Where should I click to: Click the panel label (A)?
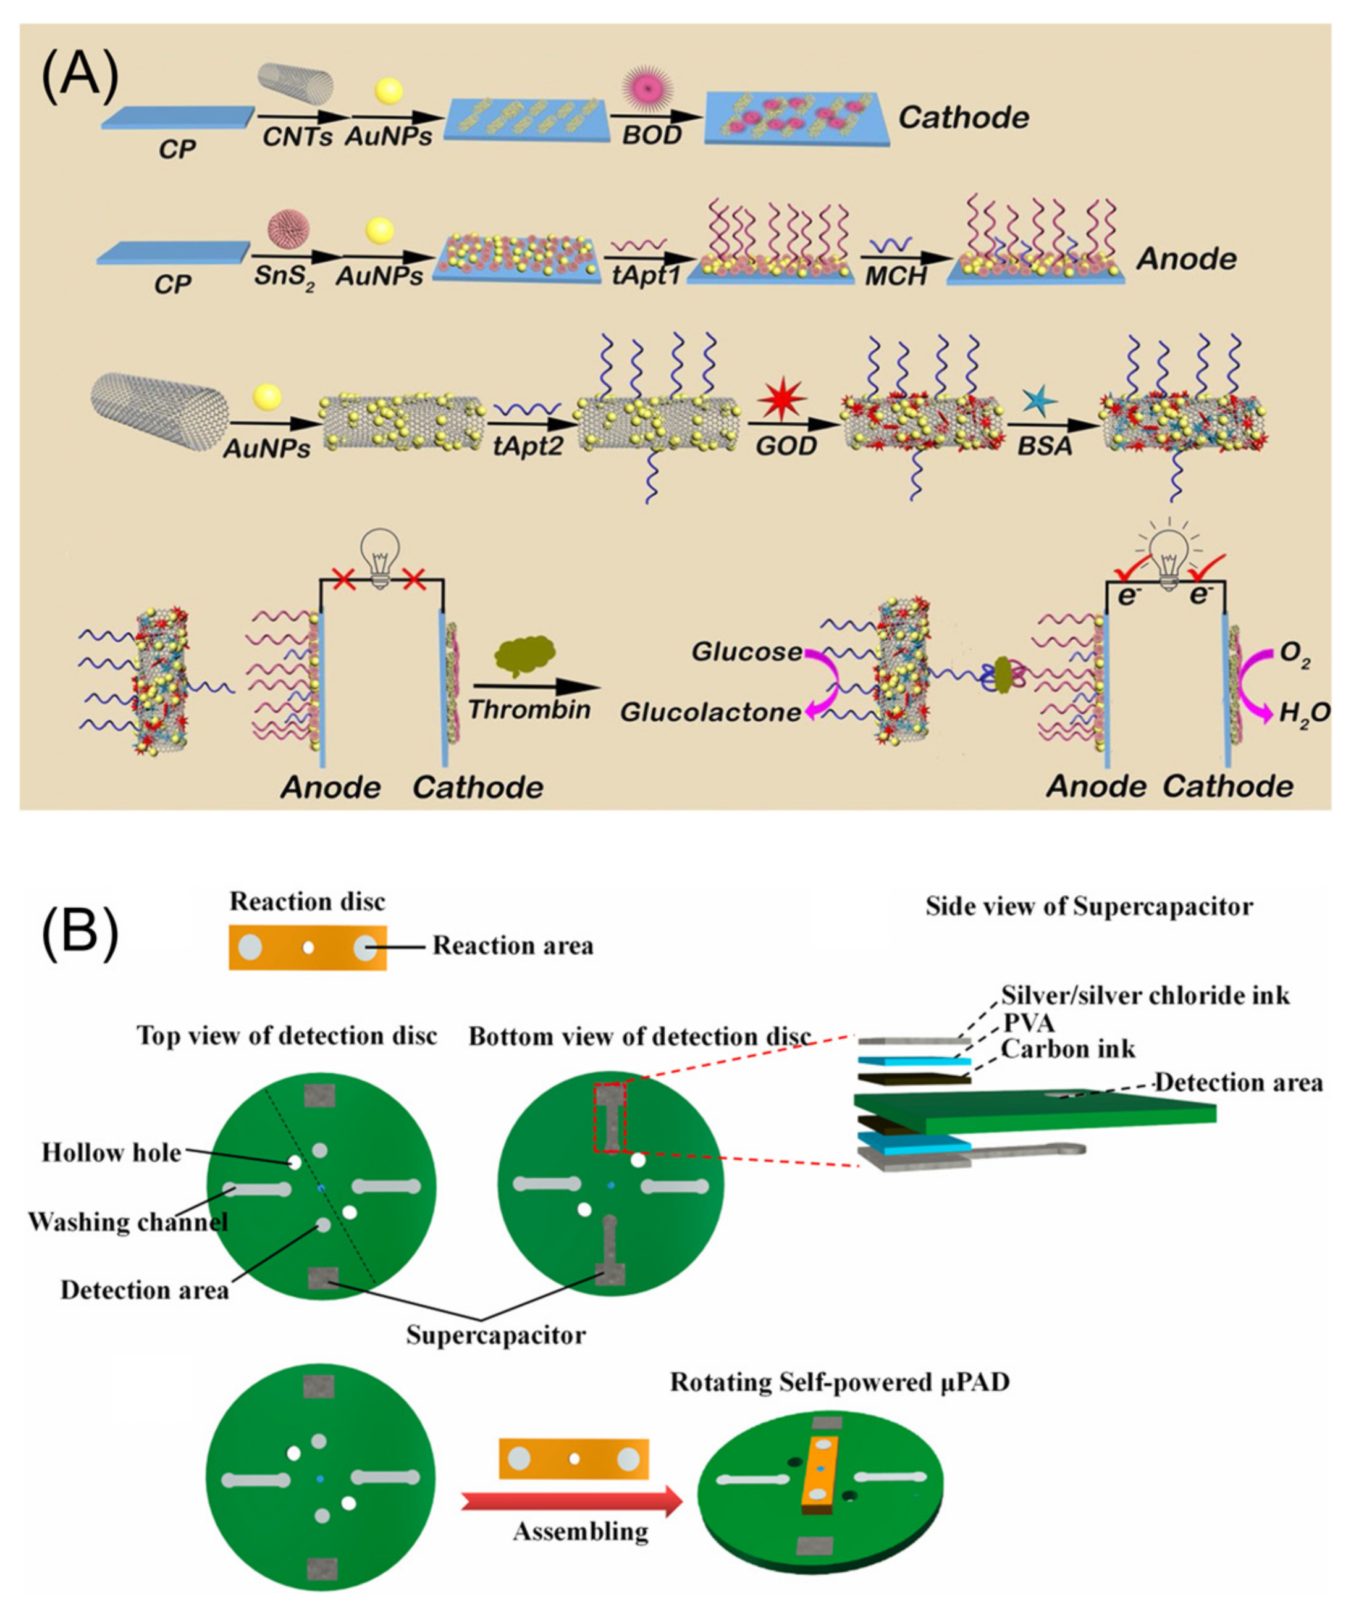pos(80,77)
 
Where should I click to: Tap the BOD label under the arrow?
pos(652,135)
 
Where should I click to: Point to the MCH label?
pos(896,275)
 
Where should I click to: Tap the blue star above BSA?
pos(1039,401)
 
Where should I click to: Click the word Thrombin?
pos(529,710)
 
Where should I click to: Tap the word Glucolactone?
pos(710,711)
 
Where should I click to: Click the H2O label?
pos(1304,713)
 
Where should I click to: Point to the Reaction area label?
pos(513,945)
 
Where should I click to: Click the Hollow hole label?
pos(111,1152)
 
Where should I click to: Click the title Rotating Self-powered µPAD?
pos(839,1382)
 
